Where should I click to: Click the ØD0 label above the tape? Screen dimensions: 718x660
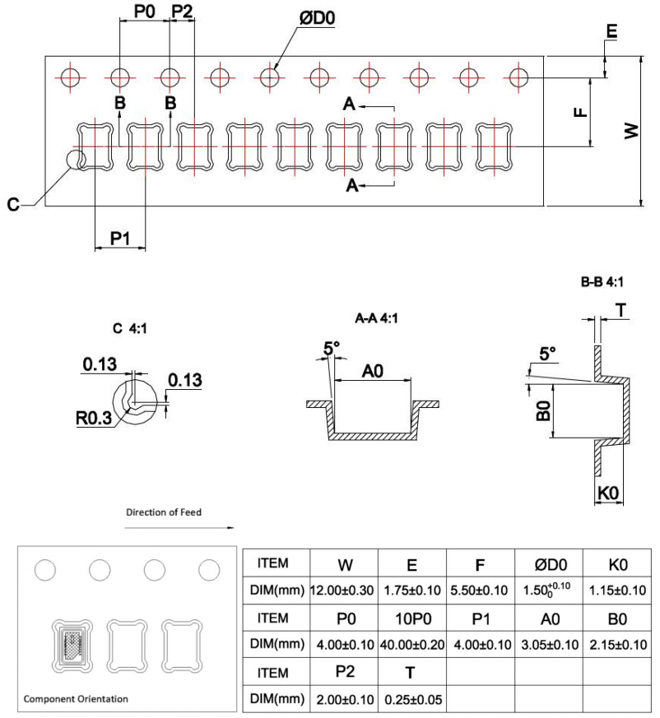pos(317,18)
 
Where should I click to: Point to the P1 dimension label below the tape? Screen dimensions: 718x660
pos(120,237)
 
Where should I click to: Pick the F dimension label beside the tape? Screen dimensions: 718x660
pos(581,111)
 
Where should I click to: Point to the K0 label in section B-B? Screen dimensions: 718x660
pos(607,493)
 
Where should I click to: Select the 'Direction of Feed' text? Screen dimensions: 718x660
pos(164,512)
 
